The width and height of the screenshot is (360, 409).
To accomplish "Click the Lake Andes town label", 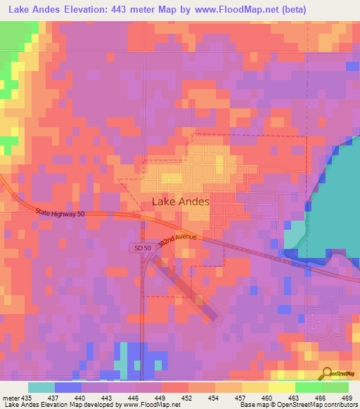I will [x=181, y=202].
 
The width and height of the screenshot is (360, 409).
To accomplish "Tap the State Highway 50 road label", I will [x=61, y=212].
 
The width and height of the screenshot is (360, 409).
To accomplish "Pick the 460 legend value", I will [x=268, y=398].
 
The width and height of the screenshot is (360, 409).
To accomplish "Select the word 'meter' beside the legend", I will [x=10, y=398].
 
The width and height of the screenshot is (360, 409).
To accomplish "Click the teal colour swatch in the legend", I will [x=41, y=387].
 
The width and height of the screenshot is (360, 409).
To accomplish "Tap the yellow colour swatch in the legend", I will [x=281, y=387].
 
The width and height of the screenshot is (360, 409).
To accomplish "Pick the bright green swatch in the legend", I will [x=308, y=387].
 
